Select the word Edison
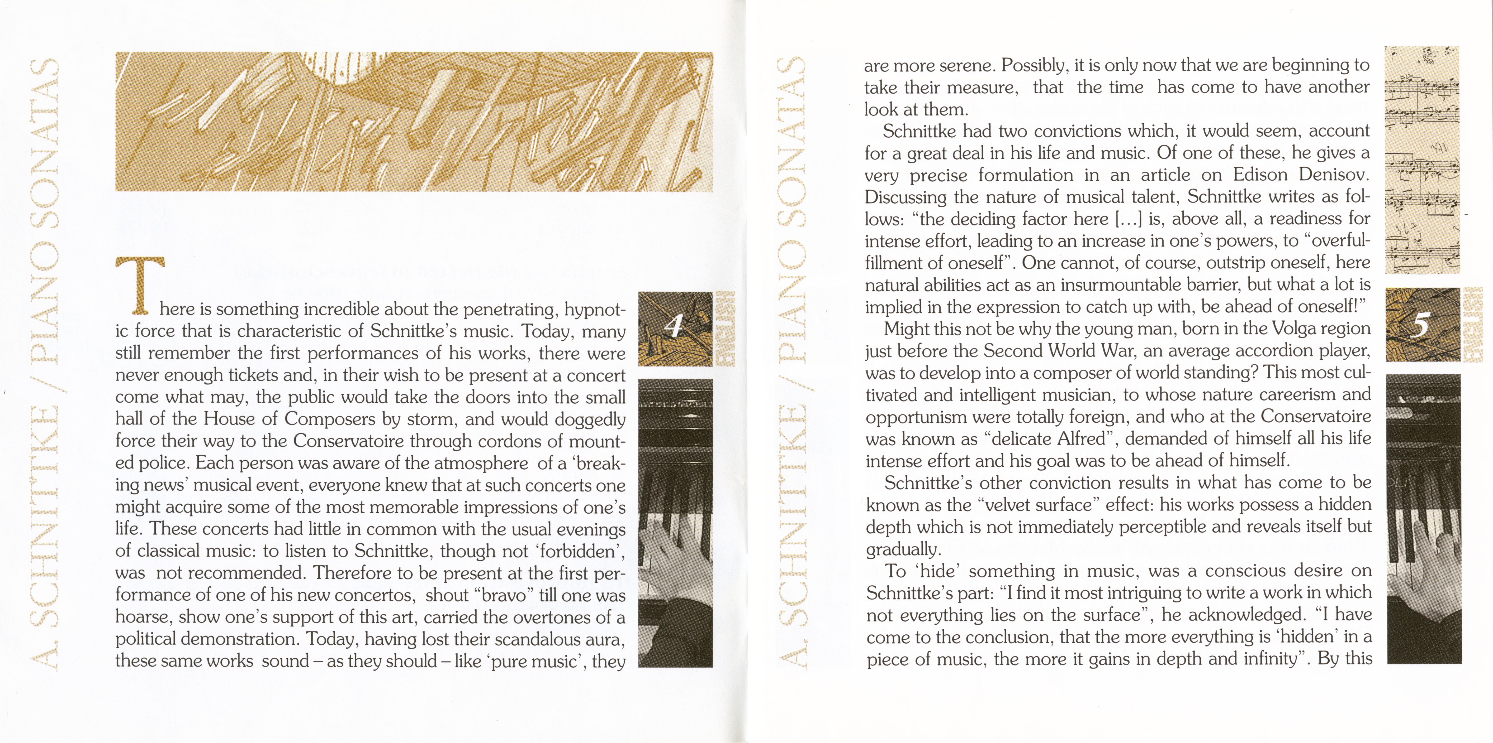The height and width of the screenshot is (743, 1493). [1262, 175]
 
